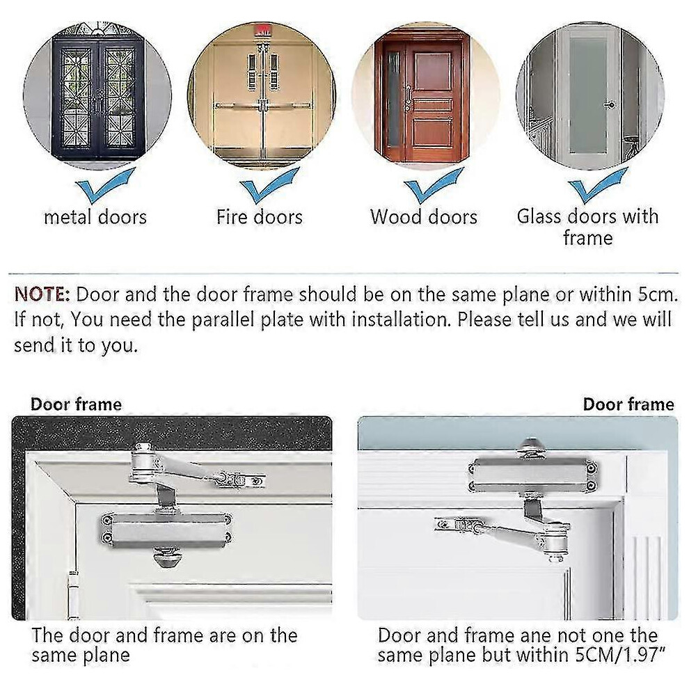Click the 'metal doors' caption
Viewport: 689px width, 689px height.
point(95,217)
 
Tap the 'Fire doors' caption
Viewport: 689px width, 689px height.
point(260,217)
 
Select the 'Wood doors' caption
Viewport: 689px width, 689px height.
point(424,217)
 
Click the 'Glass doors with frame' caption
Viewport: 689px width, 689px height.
point(588,227)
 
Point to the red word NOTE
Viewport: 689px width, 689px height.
point(42,294)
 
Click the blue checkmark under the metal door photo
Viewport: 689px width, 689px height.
point(105,185)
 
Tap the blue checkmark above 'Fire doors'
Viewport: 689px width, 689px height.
point(269,185)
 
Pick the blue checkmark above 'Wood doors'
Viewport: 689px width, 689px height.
point(434,185)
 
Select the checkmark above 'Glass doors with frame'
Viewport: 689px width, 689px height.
point(598,185)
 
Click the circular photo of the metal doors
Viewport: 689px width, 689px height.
point(97,95)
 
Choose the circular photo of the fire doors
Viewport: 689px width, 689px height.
point(262,95)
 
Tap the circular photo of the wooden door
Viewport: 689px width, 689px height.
point(426,95)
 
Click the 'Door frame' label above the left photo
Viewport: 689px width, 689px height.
point(76,404)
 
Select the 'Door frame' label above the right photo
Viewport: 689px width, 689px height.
point(628,404)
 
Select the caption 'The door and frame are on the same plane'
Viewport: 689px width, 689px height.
point(164,645)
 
